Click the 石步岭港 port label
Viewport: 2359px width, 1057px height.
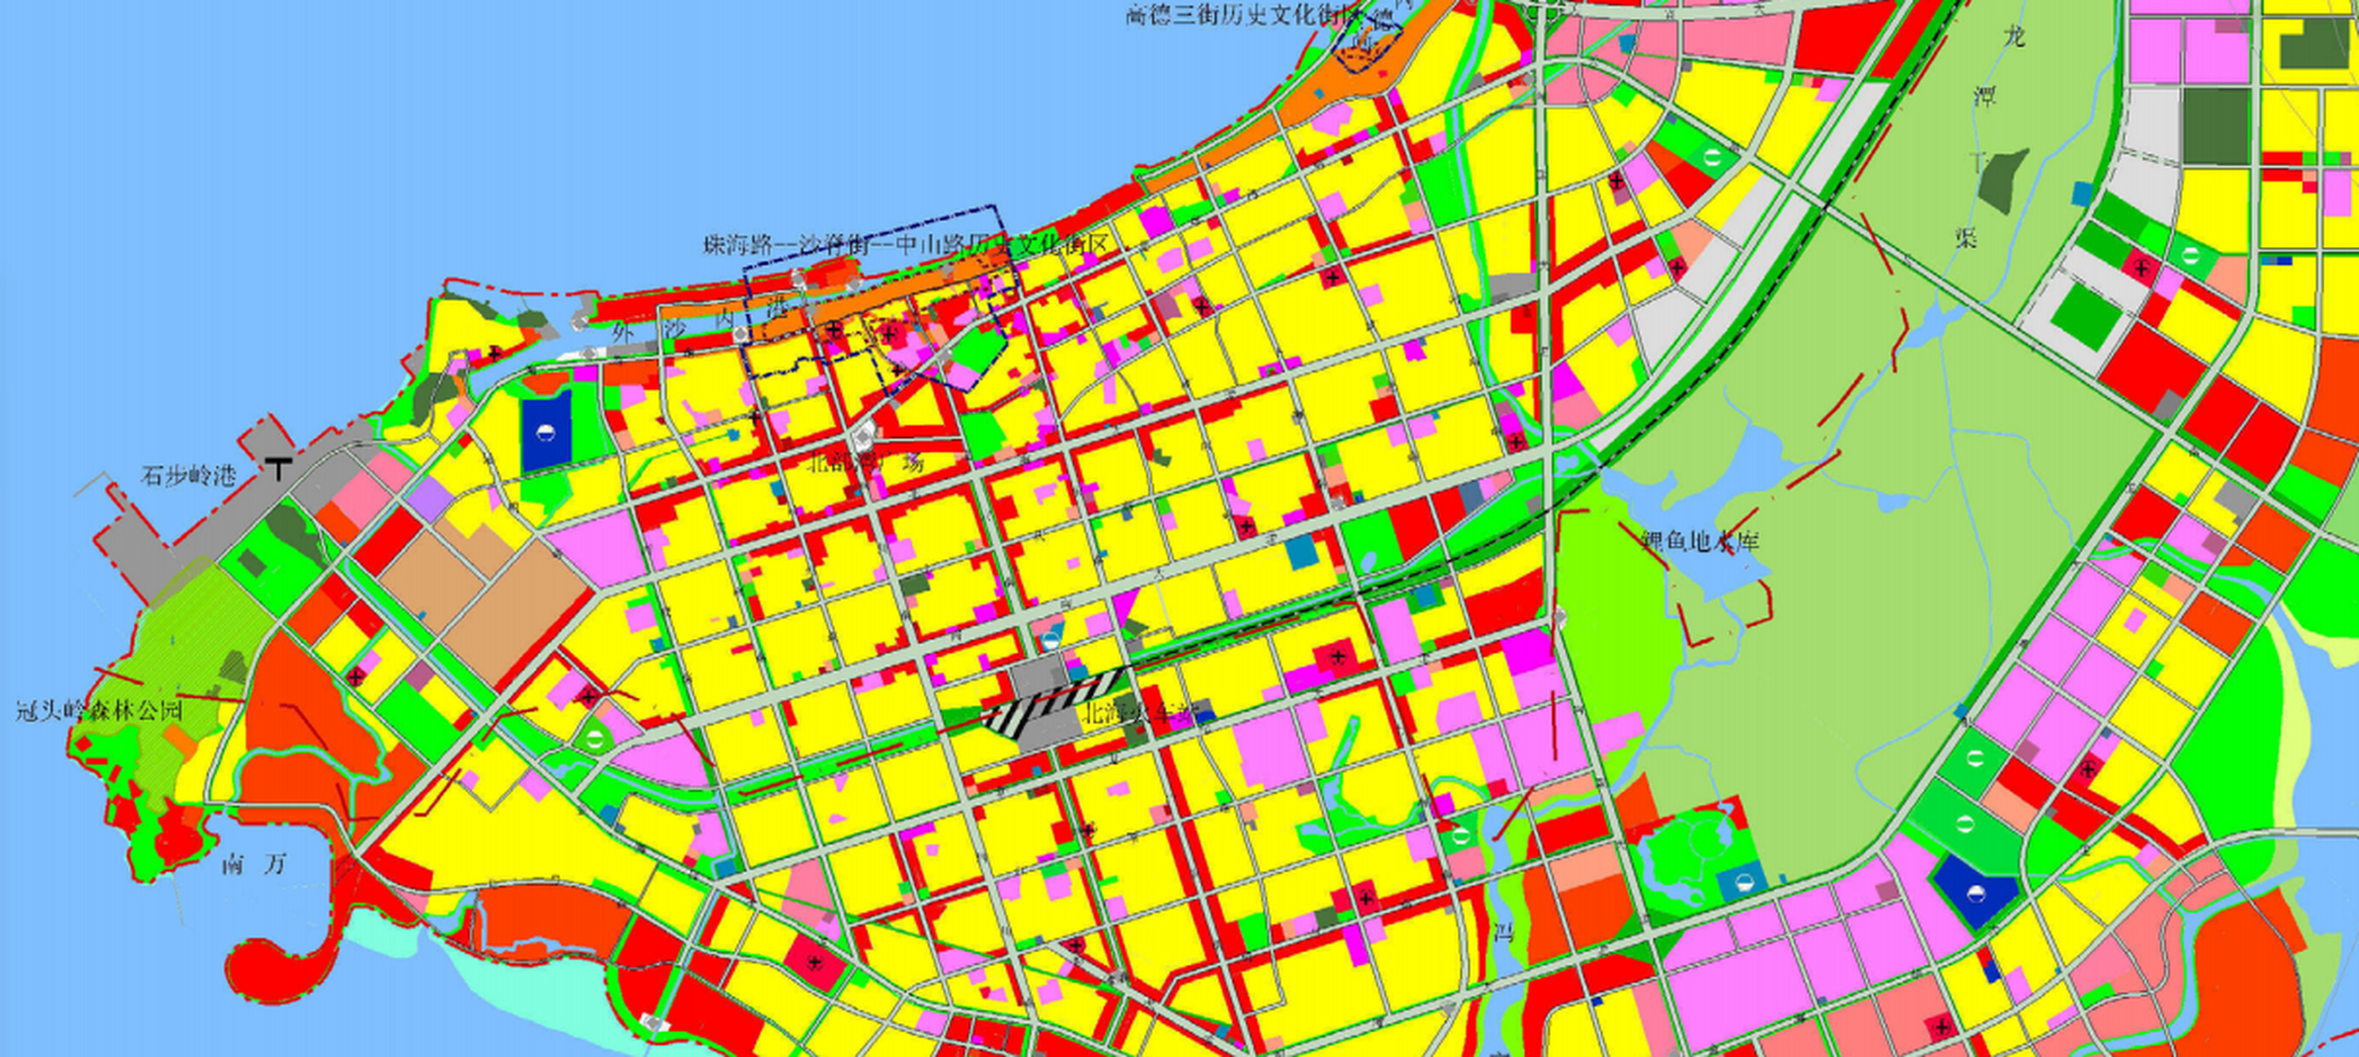click(x=187, y=476)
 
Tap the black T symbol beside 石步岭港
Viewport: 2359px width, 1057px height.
click(x=278, y=467)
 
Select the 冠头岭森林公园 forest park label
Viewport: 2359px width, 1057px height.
click(x=99, y=710)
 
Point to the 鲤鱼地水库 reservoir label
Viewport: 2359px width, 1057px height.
click(x=1700, y=542)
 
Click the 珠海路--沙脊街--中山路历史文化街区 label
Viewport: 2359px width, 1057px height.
click(x=905, y=244)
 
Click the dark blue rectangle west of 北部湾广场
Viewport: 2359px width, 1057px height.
click(x=546, y=431)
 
